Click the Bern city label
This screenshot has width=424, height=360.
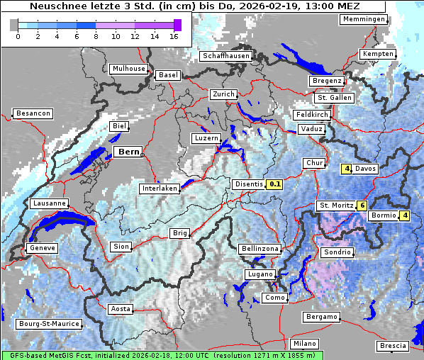tap(128, 152)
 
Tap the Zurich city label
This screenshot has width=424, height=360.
tap(223, 94)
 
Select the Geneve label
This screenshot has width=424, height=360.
tap(41, 248)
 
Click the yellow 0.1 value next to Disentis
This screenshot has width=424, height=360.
tap(275, 184)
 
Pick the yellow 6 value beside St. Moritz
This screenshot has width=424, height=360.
tap(362, 206)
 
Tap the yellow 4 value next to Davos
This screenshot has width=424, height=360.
tap(347, 169)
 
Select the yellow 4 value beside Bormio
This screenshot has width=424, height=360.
tap(405, 215)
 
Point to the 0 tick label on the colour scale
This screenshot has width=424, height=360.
tap(18, 36)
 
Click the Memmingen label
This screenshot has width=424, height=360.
tap(363, 19)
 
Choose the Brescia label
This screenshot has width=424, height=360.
tap(393, 346)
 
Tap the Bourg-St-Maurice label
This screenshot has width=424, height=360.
tap(48, 325)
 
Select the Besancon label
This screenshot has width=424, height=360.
tap(33, 113)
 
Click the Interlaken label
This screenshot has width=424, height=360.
tap(160, 189)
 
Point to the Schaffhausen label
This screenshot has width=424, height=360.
tap(225, 56)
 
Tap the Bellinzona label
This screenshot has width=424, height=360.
tap(260, 249)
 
